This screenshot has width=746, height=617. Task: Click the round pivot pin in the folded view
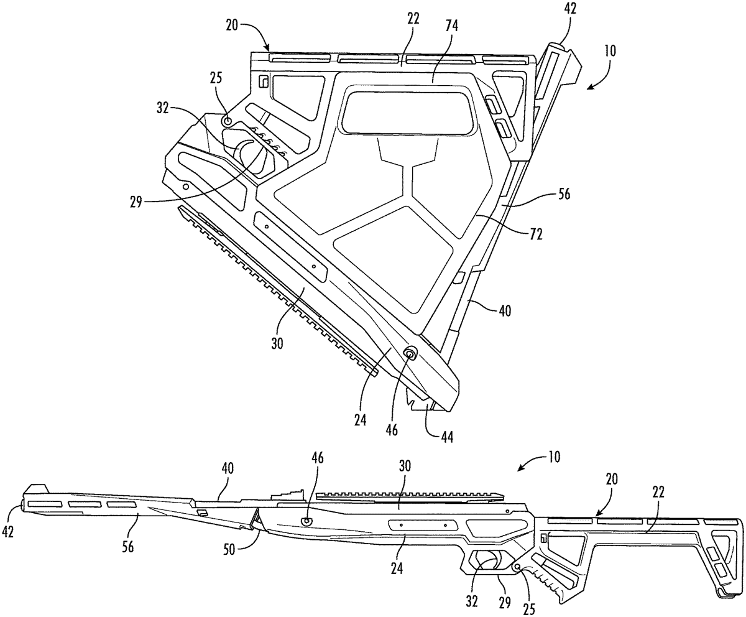pos(410,354)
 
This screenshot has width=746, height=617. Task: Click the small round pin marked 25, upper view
pos(228,120)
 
